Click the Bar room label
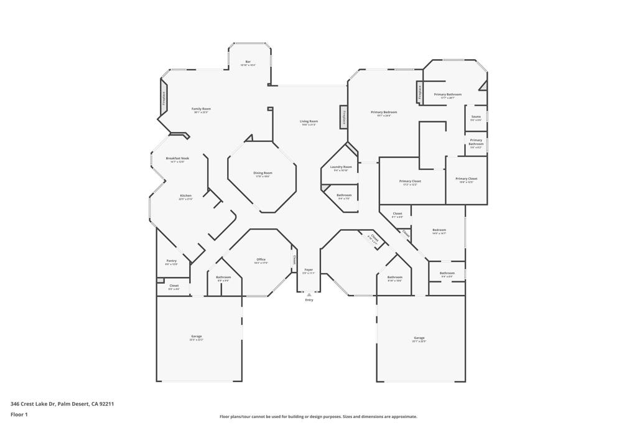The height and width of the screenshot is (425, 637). click(x=248, y=62)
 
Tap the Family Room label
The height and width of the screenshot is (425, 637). click(x=201, y=110)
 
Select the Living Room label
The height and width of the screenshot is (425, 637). click(x=309, y=122)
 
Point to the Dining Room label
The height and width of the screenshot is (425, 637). click(x=263, y=174)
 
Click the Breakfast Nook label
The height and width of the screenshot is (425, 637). click(x=177, y=159)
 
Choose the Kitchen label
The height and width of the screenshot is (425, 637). click(x=185, y=196)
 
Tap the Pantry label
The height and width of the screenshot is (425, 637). click(x=171, y=261)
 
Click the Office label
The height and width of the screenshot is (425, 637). click(x=261, y=260)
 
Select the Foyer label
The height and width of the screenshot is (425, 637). click(x=309, y=270)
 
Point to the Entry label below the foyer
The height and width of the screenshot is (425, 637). click(x=309, y=300)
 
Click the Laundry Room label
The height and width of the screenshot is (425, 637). click(x=341, y=167)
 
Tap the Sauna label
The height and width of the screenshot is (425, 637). click(x=476, y=117)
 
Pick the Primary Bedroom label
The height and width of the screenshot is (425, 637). click(x=384, y=113)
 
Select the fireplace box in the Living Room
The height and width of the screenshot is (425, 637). click(x=343, y=118)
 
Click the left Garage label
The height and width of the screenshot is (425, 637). click(x=197, y=337)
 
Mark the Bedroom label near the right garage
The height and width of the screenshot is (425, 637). click(x=439, y=230)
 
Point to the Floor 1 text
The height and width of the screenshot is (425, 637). click(x=19, y=414)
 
